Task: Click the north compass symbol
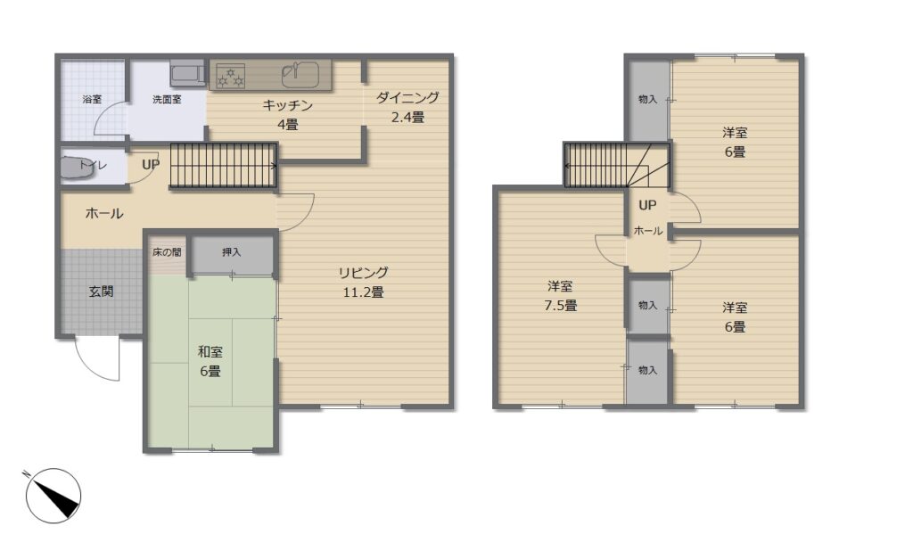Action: (x=53, y=496)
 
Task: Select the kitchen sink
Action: (x=300, y=74)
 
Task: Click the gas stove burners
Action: (x=231, y=76)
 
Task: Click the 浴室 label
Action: (x=92, y=99)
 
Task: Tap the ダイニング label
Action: (x=407, y=97)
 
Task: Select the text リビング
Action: (x=364, y=273)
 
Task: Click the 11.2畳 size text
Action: (x=364, y=292)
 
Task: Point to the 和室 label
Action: (x=210, y=351)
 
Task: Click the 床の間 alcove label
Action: (x=167, y=252)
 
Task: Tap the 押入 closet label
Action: (x=231, y=252)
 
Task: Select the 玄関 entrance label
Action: (x=101, y=292)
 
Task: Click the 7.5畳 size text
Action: (x=560, y=306)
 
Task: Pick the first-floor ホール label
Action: (x=104, y=214)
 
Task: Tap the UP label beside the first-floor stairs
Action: (x=150, y=165)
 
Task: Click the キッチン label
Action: (x=288, y=105)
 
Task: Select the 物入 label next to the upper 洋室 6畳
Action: (x=647, y=100)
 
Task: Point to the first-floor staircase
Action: (x=223, y=166)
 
